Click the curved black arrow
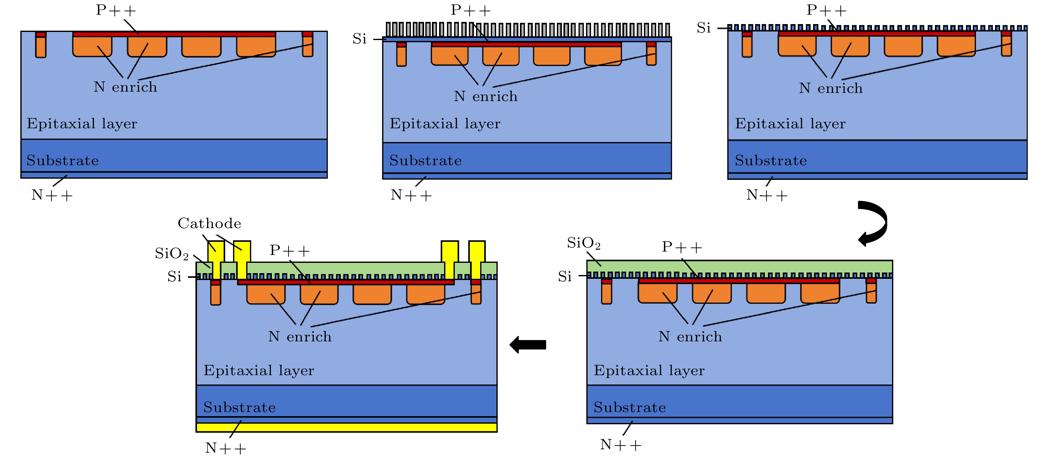click(x=875, y=223)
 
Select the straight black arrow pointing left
click(x=528, y=345)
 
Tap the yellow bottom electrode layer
click(x=346, y=427)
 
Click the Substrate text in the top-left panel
click(x=63, y=161)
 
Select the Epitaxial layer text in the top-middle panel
click(x=445, y=124)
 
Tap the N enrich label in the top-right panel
click(x=830, y=88)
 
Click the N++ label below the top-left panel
click(x=52, y=195)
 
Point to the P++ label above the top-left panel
click(x=116, y=10)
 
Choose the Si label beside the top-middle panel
click(x=359, y=39)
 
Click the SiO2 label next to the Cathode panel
click(x=172, y=254)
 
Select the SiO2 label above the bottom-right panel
click(x=584, y=243)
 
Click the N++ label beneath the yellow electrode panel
click(x=226, y=448)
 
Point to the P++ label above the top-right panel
click(x=826, y=10)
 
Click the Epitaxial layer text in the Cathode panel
click(x=259, y=370)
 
